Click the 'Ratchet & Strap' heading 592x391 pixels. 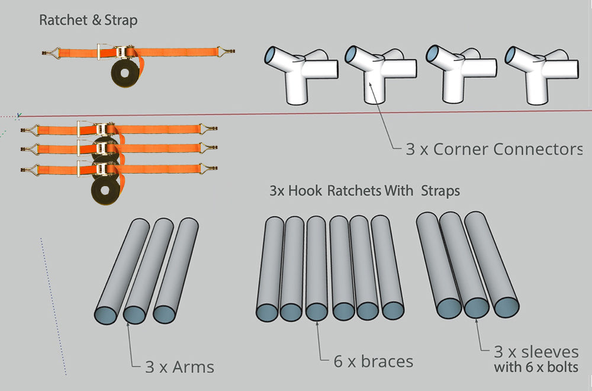(88, 20)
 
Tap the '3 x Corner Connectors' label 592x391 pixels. (494, 149)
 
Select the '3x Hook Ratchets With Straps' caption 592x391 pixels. (365, 191)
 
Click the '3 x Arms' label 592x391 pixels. (179, 367)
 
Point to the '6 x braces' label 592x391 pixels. (373, 361)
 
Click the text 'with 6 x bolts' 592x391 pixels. (536, 367)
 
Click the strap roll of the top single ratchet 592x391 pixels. (125, 72)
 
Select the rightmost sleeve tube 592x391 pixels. (491, 264)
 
